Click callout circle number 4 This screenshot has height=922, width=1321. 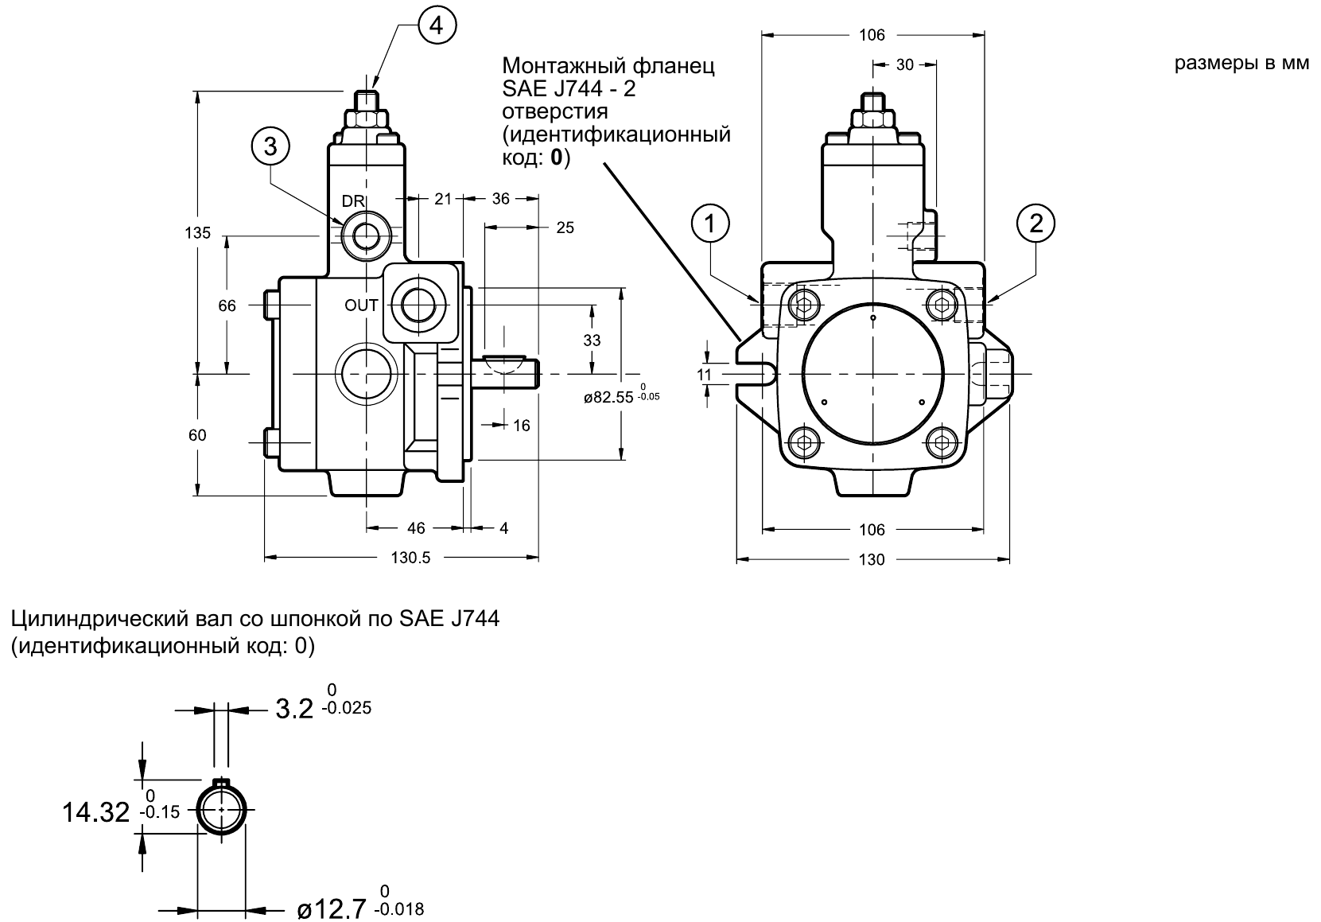[x=437, y=25]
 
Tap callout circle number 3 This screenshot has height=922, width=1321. [x=270, y=146]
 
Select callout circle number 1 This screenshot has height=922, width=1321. [x=710, y=224]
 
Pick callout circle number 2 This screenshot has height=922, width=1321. [x=1036, y=224]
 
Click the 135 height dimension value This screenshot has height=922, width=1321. [x=197, y=233]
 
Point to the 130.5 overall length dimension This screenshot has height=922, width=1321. [x=410, y=558]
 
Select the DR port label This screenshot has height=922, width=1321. [x=353, y=201]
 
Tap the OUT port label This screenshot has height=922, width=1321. [x=361, y=305]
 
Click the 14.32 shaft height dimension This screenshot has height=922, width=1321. [x=95, y=812]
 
